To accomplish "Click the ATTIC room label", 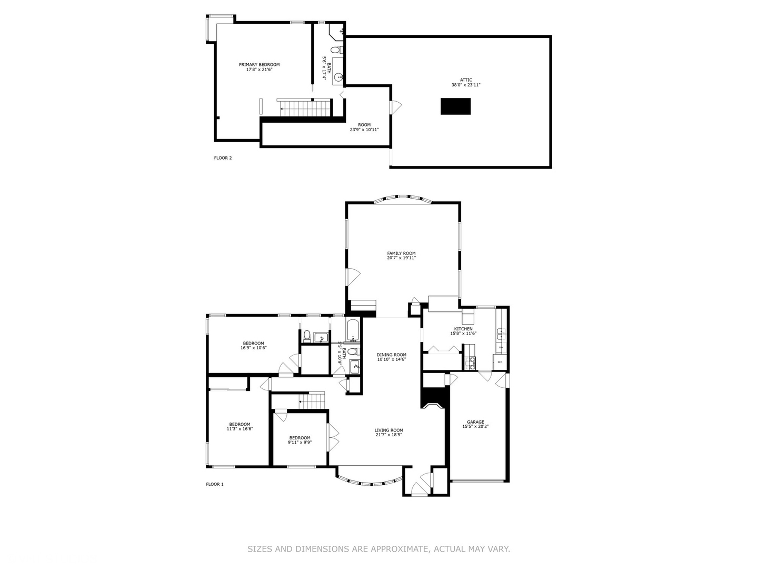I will point(466,80).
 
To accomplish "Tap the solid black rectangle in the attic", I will point(455,106).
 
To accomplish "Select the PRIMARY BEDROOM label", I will point(259,65).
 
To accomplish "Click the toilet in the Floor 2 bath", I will point(340,51).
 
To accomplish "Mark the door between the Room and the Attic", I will point(394,107).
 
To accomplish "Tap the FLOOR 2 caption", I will point(223,158).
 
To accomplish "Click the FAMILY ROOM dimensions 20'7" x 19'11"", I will point(401,258).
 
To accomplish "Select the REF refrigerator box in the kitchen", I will point(500,362).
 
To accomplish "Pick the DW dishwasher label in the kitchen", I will point(501,348).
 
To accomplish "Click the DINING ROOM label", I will point(391,355).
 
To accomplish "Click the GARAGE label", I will point(475,422).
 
